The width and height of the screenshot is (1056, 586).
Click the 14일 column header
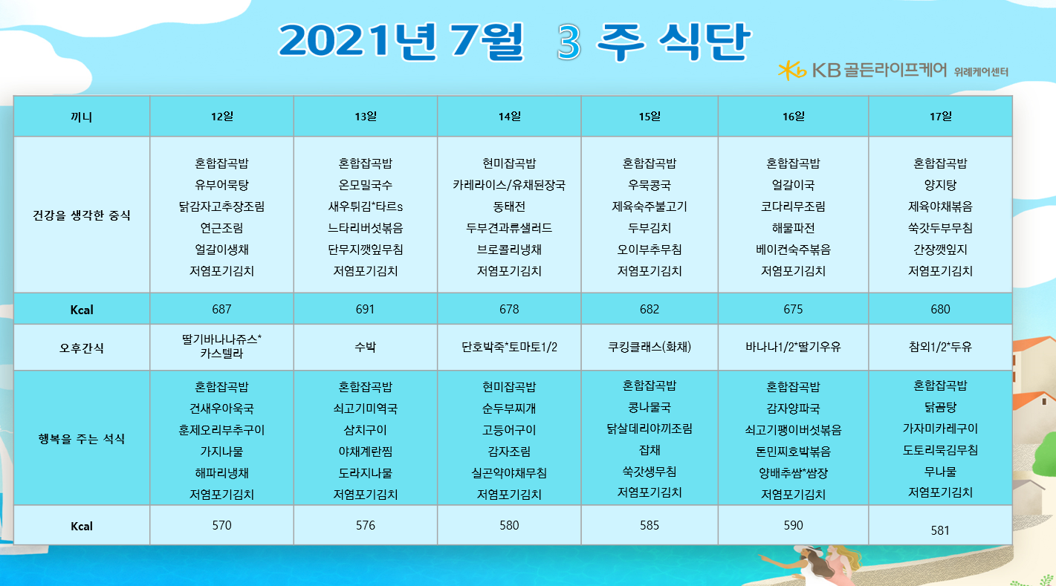tap(509, 117)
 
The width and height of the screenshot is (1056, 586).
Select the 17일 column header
tap(940, 117)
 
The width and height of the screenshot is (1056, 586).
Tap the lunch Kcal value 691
tap(365, 309)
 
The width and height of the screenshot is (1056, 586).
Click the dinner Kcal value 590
tap(793, 525)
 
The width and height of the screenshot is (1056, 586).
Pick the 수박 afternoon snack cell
tap(365, 347)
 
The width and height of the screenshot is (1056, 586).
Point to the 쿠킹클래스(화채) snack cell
tap(650, 347)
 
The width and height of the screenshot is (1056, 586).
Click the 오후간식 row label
tap(81, 348)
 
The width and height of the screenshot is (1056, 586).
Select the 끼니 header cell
tap(81, 117)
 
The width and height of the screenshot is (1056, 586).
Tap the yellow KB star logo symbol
tap(792, 71)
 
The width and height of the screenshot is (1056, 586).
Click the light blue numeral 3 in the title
tap(569, 42)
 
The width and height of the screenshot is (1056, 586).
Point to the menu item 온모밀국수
tap(365, 185)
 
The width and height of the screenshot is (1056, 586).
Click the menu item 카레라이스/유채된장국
tap(508, 185)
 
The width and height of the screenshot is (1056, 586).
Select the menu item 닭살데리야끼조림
tap(650, 429)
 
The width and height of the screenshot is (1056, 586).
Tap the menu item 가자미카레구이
tap(940, 429)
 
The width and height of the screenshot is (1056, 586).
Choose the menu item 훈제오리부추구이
tap(221, 430)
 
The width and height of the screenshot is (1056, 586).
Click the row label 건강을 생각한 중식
tap(81, 215)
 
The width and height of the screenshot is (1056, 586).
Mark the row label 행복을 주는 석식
tap(81, 439)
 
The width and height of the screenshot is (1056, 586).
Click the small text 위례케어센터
tap(981, 72)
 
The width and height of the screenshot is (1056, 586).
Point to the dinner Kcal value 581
tap(939, 530)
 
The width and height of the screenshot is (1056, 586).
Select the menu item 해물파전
tap(793, 228)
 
